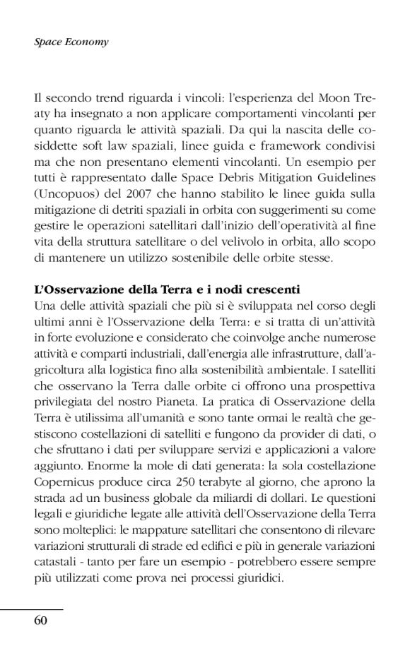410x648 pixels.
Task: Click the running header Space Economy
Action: pyautogui.click(x=71, y=42)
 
